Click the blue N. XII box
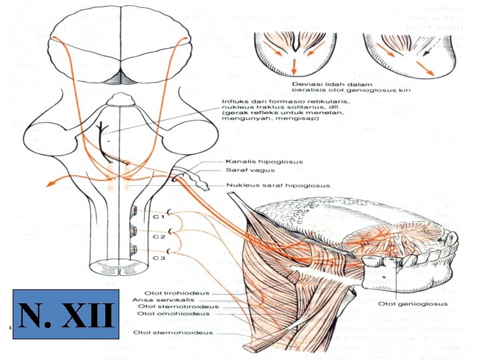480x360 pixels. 66,314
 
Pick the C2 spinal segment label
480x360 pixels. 157,236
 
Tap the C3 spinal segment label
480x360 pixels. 157,257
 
